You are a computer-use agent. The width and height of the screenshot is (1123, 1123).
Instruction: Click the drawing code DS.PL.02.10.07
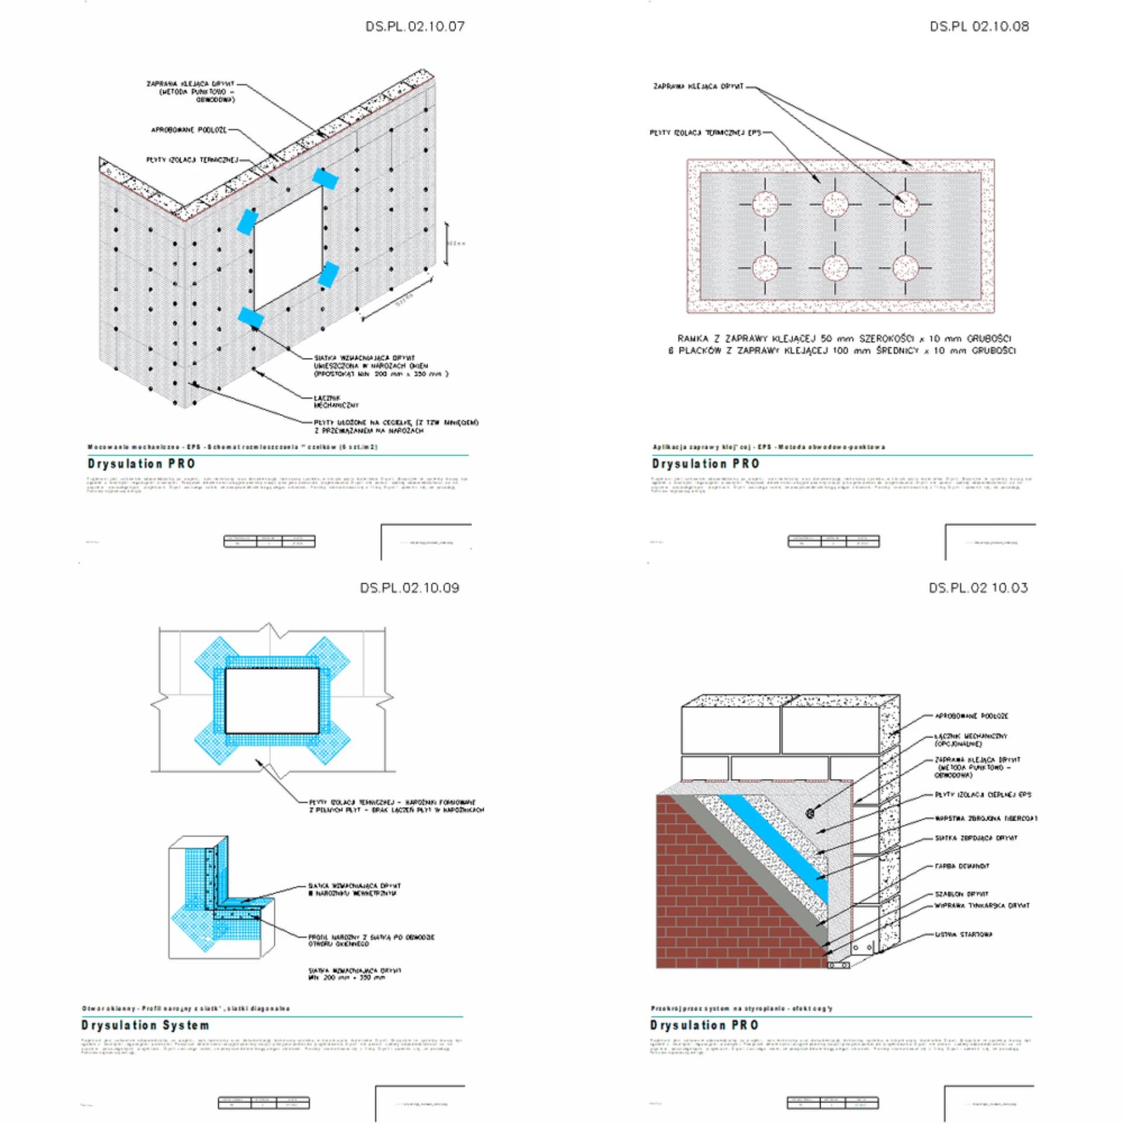(x=415, y=26)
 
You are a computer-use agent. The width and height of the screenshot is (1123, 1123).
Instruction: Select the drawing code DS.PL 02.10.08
(x=979, y=26)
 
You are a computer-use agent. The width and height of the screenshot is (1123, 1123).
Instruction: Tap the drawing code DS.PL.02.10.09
(x=409, y=588)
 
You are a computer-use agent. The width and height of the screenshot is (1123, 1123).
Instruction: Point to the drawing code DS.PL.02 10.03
(x=978, y=588)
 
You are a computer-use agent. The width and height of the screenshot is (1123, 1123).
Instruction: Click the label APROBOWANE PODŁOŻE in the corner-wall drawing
(x=188, y=130)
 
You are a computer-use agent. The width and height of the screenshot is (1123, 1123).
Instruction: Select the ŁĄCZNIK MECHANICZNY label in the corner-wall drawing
(x=336, y=401)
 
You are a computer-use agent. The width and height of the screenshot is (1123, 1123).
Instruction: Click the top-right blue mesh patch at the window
(x=325, y=178)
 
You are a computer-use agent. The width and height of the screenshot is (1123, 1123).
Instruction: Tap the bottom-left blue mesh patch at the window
(x=250, y=318)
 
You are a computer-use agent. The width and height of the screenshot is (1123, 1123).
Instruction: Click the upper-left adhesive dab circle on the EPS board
(x=764, y=204)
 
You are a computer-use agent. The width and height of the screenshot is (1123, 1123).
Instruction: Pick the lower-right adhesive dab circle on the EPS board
(x=905, y=268)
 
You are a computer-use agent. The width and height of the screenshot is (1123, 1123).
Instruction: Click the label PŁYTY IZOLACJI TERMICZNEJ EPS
(x=705, y=133)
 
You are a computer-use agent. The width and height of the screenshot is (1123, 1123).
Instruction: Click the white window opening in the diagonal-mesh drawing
(x=272, y=701)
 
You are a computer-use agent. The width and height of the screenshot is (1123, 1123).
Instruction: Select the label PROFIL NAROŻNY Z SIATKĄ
(x=371, y=941)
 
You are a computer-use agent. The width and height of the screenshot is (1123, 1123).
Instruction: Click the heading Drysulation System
(x=145, y=1025)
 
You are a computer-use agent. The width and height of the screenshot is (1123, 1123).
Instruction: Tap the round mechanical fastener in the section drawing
(x=810, y=813)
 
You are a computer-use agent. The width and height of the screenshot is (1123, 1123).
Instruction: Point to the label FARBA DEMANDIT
(x=962, y=866)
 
